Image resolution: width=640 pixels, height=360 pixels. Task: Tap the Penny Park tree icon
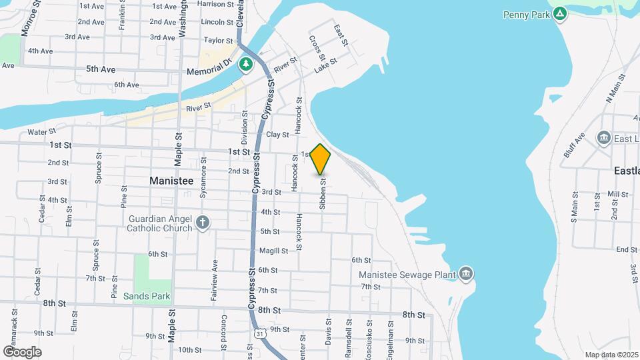[x=561, y=13]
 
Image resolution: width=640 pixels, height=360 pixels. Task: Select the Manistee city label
[x=171, y=181]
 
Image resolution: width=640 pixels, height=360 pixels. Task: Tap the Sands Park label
[x=151, y=296]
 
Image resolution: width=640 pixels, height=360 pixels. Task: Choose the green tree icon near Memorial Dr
[x=247, y=64]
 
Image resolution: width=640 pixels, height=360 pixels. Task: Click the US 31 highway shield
[x=257, y=331]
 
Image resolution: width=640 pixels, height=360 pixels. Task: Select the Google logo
[x=22, y=351]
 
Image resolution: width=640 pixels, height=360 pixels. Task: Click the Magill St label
[x=274, y=251]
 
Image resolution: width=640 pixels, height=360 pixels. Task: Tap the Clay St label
[x=277, y=135]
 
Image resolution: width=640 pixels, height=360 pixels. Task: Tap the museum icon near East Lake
[x=604, y=138]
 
